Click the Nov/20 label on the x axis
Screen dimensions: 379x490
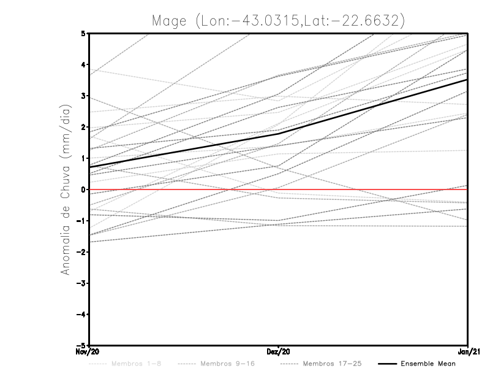[x=89, y=352]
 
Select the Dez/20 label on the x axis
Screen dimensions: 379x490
[x=279, y=352]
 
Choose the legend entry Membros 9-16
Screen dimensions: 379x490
[x=224, y=364]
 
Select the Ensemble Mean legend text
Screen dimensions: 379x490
[x=428, y=364]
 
